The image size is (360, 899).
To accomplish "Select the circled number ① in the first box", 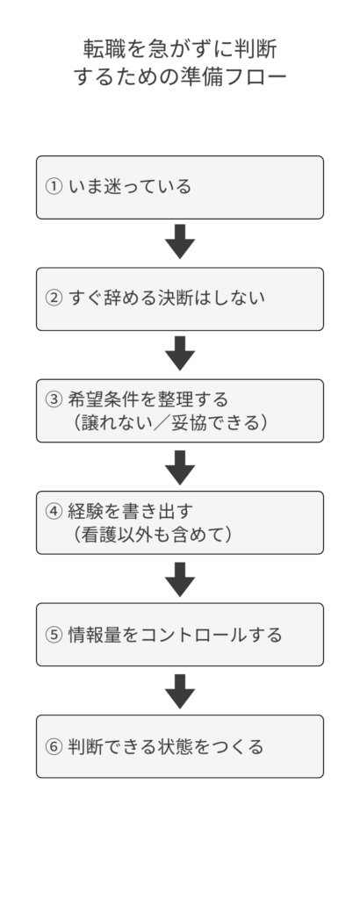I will click(x=54, y=187).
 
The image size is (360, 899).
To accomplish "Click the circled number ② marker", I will click(x=54, y=298).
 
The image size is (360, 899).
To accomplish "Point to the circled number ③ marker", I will click(x=54, y=399).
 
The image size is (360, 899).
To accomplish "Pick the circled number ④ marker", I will click(x=54, y=511).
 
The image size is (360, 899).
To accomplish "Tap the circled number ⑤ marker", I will click(x=54, y=635).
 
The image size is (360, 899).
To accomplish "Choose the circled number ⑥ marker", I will click(x=54, y=746).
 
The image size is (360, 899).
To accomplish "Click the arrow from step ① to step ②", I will click(x=180, y=242).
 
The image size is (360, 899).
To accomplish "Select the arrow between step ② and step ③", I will click(x=180, y=354).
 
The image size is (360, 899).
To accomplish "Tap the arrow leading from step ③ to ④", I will click(x=180, y=466).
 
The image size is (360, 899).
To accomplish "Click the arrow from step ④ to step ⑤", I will click(x=180, y=579).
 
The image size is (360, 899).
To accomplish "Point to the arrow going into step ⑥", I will click(x=180, y=690).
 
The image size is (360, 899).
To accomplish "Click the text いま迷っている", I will click(x=130, y=187).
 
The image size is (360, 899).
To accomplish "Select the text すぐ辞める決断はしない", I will click(x=167, y=298).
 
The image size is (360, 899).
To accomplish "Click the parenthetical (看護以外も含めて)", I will click(x=155, y=535).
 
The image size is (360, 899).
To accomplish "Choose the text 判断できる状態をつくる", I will click(x=166, y=746).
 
